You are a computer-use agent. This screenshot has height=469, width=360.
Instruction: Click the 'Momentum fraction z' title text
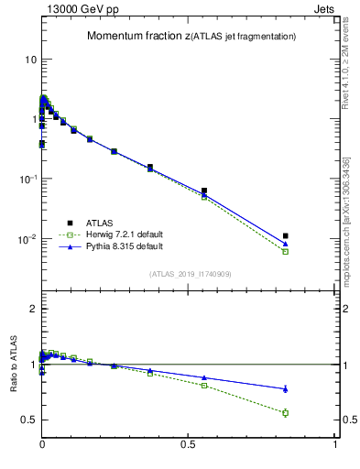point(143,37)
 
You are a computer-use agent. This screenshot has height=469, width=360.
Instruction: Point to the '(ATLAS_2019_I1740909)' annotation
point(190,274)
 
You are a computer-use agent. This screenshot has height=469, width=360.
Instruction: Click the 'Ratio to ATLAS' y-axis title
point(12,365)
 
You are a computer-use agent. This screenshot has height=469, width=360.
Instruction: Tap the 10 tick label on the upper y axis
point(29,59)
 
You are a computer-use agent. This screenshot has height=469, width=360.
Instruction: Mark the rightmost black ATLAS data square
point(286,236)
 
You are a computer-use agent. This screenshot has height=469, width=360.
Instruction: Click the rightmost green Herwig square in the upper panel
point(286,251)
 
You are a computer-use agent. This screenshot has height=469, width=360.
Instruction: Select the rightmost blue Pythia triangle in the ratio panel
point(286,388)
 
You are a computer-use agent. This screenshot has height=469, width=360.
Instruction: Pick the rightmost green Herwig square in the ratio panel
point(286,413)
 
